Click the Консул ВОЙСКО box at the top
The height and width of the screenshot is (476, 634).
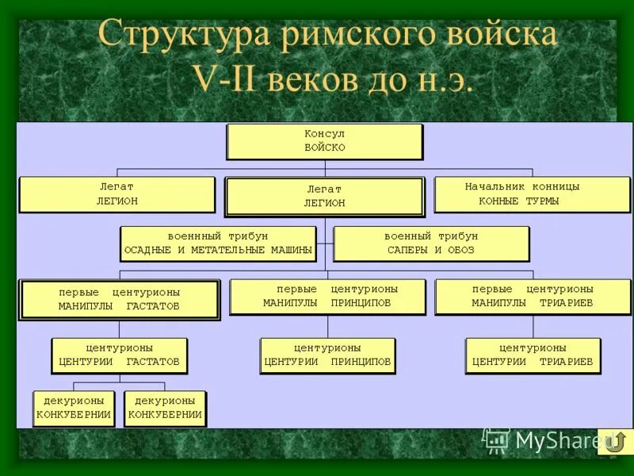point(325,141)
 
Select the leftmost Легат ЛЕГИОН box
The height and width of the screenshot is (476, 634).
point(116,194)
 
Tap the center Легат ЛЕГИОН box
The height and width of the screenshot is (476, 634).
point(324,196)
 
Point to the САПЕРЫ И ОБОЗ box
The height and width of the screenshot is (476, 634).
point(431,244)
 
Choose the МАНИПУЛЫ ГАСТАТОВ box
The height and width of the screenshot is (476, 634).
point(119,299)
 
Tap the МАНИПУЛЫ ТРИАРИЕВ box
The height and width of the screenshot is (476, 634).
point(533,296)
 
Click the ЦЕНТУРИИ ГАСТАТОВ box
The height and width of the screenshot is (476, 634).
point(119,355)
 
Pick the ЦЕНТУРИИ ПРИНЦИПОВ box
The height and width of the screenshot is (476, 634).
point(327,355)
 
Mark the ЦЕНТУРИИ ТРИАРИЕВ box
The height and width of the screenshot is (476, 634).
point(533,355)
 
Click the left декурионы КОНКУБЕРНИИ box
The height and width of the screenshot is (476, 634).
point(74,408)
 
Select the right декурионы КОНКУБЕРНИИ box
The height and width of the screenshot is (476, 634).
point(165,408)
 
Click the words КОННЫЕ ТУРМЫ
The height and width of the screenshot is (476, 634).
point(519,202)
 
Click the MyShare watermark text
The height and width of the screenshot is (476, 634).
point(555,440)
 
